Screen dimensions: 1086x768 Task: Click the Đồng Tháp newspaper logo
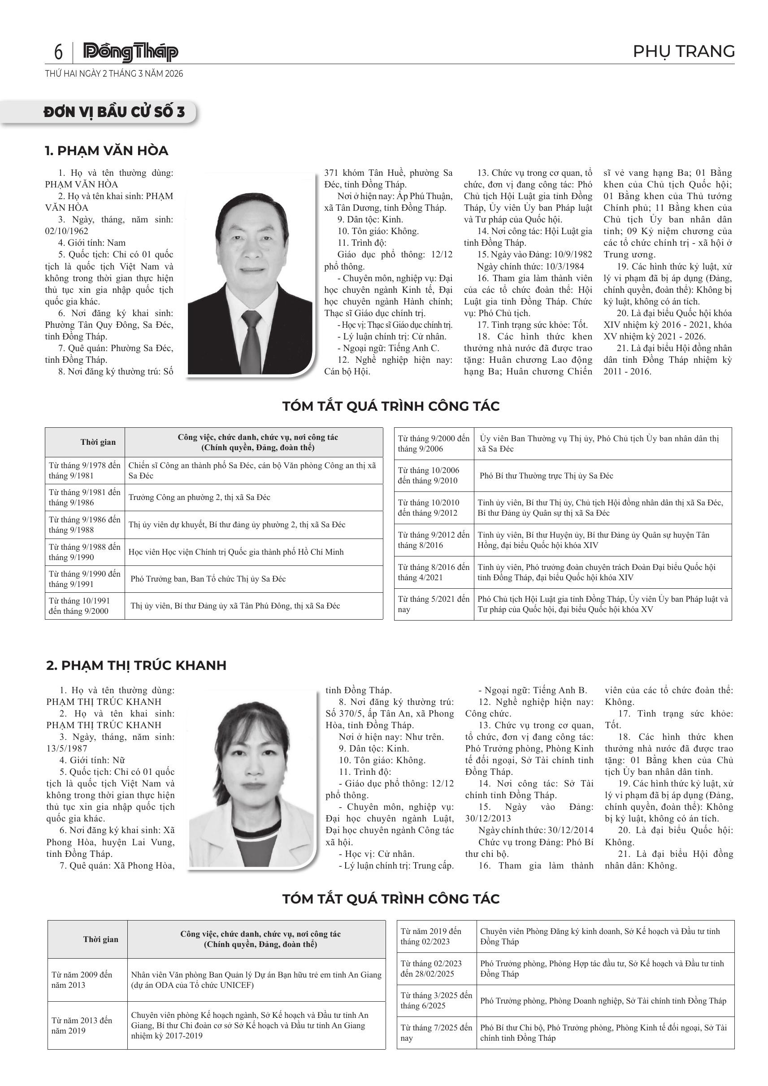[130, 52]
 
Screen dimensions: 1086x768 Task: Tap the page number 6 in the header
[58, 52]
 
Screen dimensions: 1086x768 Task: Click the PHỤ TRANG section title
[683, 51]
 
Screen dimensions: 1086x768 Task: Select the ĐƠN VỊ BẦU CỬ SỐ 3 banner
[114, 112]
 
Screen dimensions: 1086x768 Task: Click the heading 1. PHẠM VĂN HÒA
[106, 151]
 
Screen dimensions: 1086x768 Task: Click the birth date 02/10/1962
[67, 231]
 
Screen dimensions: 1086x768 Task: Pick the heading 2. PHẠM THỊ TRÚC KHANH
[136, 665]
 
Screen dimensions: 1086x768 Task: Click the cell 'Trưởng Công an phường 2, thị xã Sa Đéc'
[200, 498]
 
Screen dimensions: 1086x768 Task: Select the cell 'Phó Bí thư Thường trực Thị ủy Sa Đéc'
[546, 476]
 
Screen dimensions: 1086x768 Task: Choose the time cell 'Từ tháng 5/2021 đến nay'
[434, 604]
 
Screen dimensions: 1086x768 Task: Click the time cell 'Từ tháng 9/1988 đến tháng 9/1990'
[85, 552]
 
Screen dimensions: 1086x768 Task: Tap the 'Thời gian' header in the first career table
[98, 442]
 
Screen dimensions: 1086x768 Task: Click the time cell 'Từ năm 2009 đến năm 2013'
[82, 980]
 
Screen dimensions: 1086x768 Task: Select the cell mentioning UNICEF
[256, 980]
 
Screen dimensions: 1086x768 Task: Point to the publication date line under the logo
[114, 74]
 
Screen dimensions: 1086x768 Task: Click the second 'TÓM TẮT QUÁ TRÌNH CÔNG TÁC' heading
[391, 899]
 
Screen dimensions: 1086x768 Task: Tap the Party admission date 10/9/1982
[573, 255]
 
